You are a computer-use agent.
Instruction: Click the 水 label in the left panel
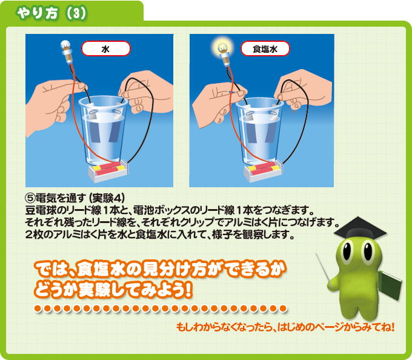105,48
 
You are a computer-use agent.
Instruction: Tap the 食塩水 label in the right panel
265,48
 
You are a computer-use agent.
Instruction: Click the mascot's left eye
347,252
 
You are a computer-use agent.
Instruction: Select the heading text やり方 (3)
51,13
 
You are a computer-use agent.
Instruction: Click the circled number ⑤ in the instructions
30,198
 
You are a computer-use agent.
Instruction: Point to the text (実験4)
107,198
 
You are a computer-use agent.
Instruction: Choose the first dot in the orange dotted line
38,308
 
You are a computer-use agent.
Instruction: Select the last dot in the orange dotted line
283,308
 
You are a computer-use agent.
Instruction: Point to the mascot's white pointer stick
325,271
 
